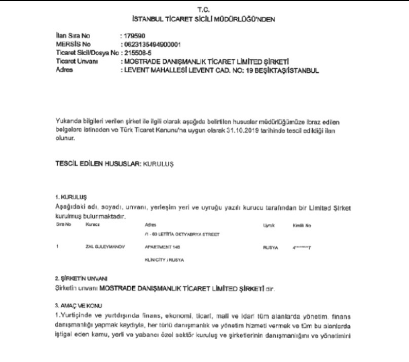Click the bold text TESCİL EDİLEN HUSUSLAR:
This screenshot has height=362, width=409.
96,165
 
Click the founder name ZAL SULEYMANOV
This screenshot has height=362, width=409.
105,247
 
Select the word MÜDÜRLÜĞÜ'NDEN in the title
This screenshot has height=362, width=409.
250,19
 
